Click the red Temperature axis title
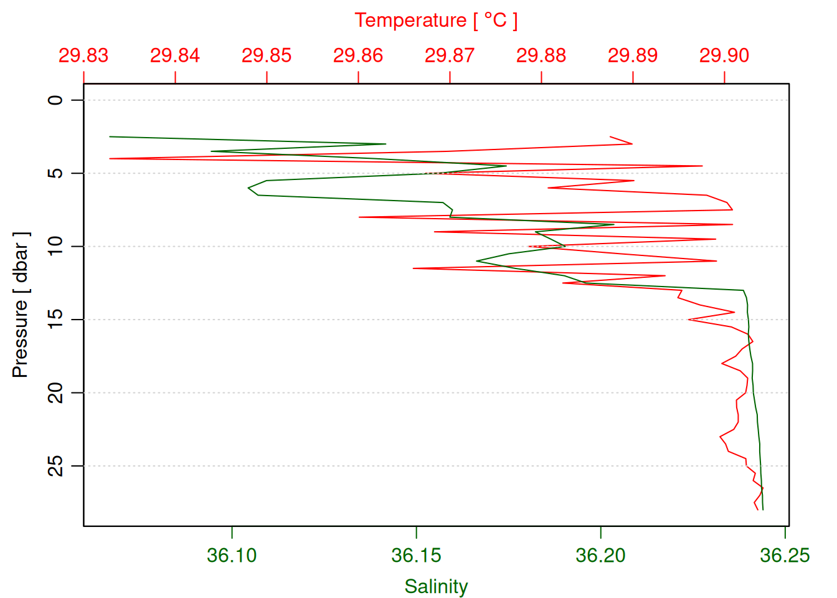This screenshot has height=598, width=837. tap(436, 21)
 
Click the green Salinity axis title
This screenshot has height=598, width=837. tap(436, 586)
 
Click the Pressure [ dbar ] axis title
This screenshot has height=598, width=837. tap(21, 305)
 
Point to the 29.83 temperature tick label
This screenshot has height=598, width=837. tap(83, 55)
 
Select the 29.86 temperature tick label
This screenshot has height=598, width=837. tap(358, 55)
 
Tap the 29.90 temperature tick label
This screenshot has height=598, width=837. tap(724, 55)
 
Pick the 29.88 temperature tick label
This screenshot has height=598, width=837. tap(541, 55)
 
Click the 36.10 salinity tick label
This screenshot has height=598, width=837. tap(232, 555)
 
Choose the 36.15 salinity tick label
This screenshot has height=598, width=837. tap(416, 555)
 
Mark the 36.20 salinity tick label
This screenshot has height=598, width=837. tap(600, 555)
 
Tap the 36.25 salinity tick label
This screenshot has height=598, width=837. tap(785, 555)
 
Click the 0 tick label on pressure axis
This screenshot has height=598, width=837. tap(56, 100)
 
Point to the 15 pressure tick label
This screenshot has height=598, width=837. tap(56, 320)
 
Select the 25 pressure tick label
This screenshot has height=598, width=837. tap(56, 466)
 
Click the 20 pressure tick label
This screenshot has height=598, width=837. tap(56, 393)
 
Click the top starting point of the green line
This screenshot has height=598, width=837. tap(110, 136)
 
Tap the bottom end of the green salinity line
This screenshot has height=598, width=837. tap(763, 510)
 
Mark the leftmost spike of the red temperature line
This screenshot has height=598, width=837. tap(110, 158)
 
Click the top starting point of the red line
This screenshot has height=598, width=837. tap(610, 136)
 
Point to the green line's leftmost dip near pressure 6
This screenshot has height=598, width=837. tap(248, 187)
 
